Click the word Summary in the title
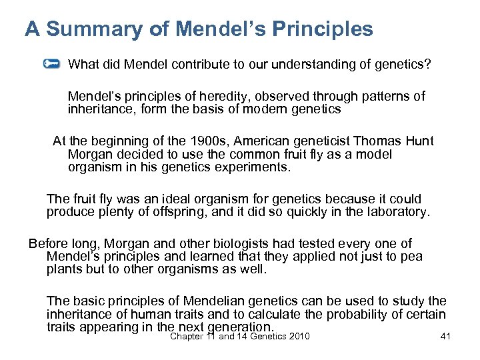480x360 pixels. pos(94,30)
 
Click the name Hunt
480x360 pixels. pos(420,141)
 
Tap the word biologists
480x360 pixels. pos(213,244)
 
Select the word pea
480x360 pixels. pos(410,257)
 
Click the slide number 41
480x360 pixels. pos(446,337)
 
